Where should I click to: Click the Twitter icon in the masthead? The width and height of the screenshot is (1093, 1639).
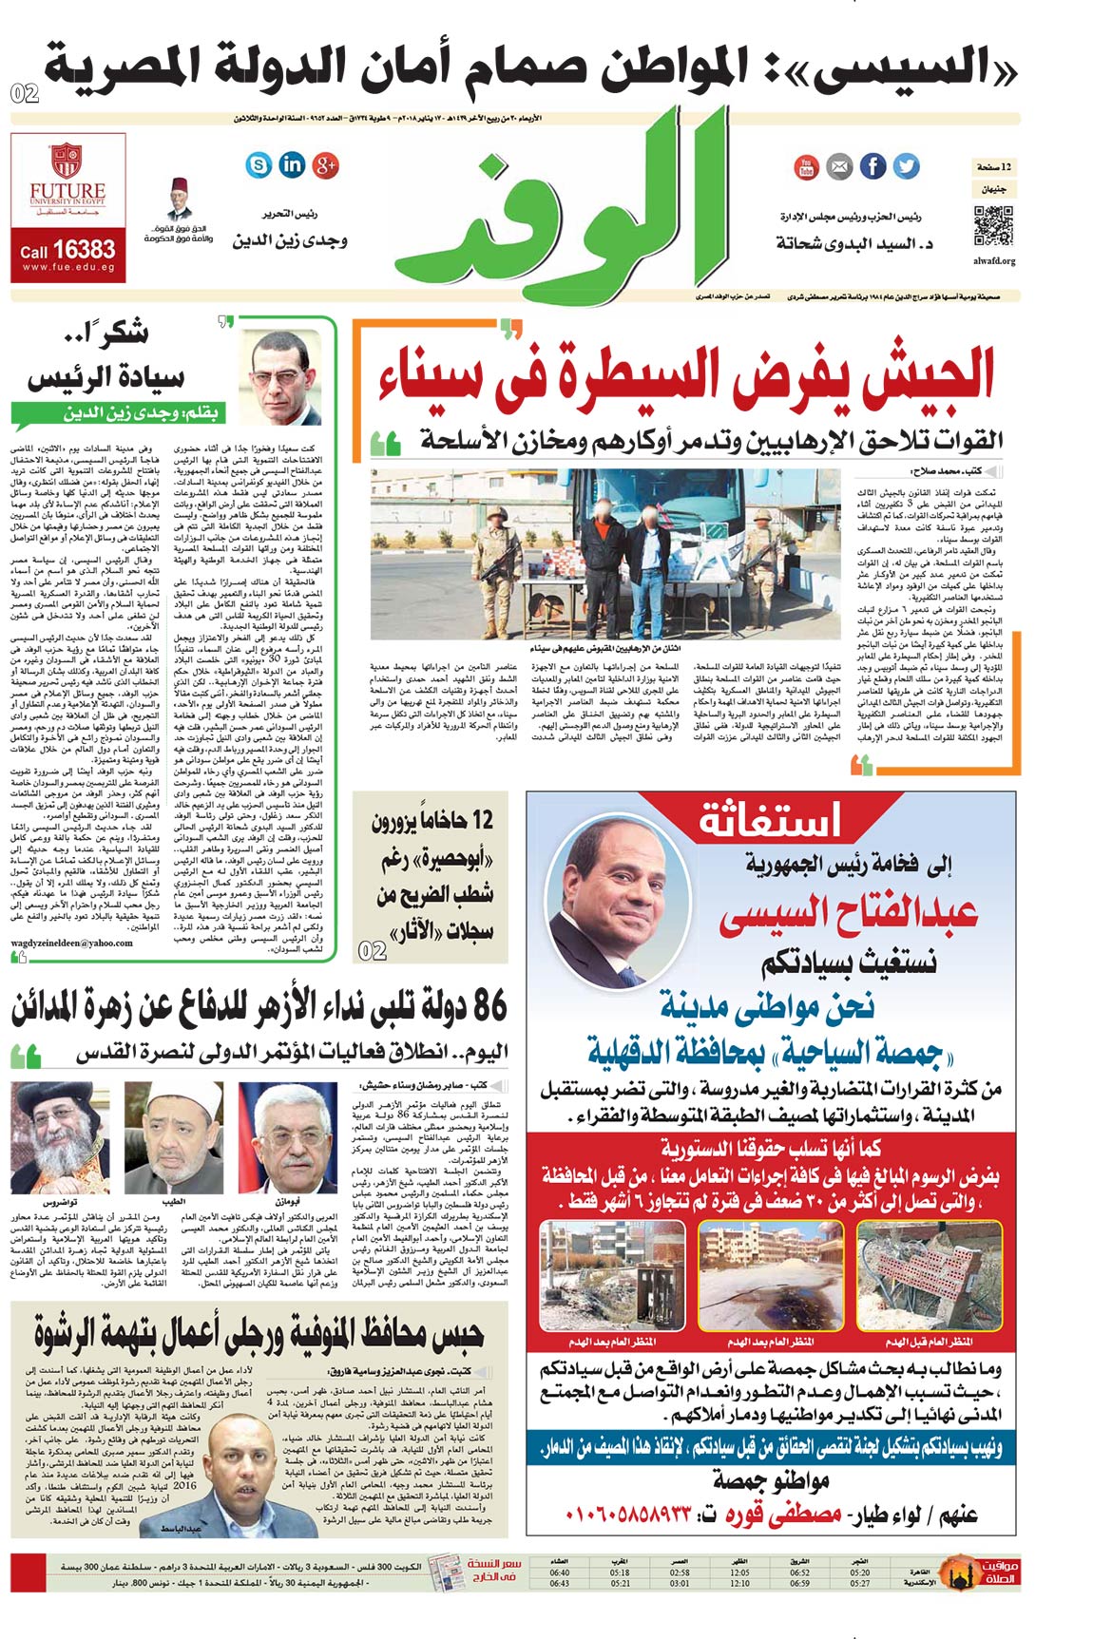(907, 166)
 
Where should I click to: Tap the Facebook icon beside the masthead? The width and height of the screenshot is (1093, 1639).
(872, 166)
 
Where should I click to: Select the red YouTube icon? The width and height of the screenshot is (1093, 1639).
(806, 167)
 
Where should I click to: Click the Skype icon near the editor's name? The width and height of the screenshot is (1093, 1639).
(259, 165)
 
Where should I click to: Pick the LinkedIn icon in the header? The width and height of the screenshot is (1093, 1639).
(292, 165)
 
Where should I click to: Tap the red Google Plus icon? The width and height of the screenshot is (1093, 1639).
(326, 165)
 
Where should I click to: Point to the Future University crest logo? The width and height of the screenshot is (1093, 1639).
(67, 160)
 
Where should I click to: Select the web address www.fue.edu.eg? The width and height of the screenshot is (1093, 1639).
(68, 269)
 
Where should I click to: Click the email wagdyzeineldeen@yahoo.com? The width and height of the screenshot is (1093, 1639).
(72, 943)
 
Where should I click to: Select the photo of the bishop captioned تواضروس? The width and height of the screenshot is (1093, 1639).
(60, 1137)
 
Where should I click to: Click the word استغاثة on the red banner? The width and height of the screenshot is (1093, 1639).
(770, 820)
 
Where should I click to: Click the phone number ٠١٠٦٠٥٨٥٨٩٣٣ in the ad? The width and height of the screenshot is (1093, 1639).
(628, 1514)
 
